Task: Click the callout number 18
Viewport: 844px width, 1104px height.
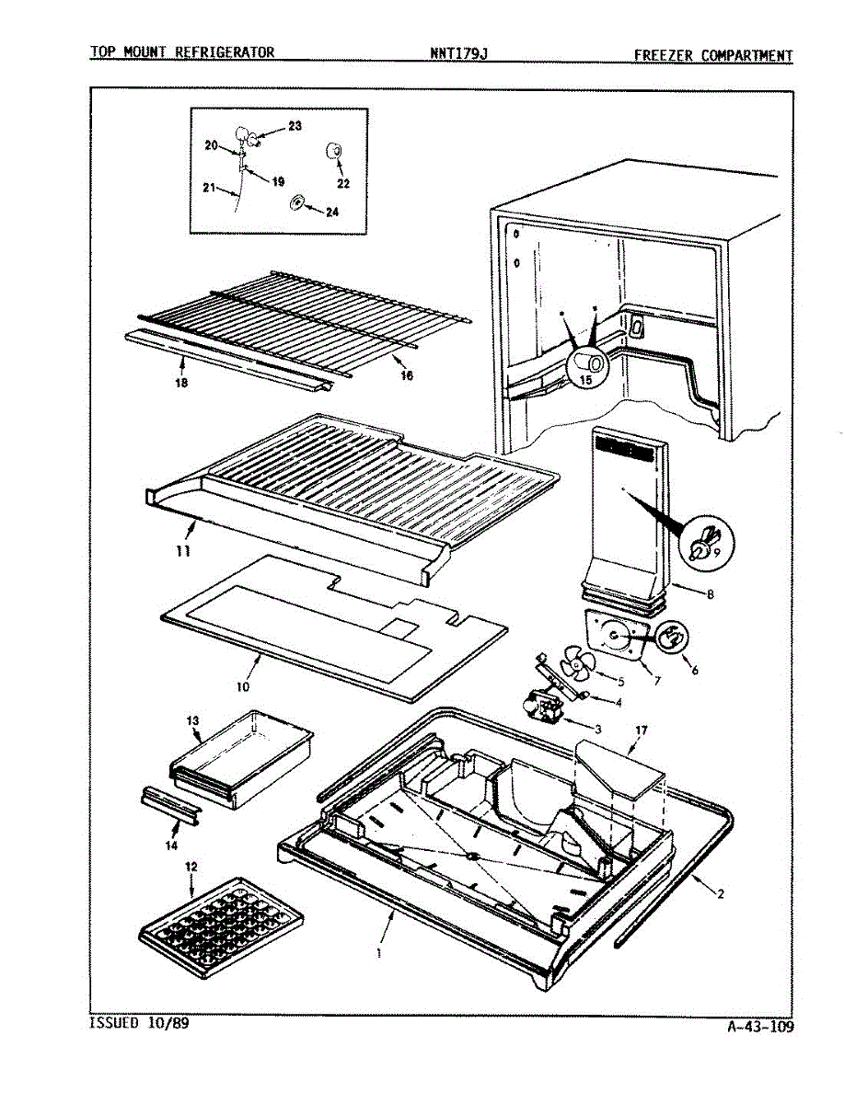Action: click(181, 383)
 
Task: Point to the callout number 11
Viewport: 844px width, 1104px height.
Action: click(183, 550)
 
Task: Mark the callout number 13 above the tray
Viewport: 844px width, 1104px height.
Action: click(194, 721)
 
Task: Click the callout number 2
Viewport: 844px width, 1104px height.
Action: click(721, 893)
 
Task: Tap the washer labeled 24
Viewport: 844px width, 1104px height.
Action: click(297, 202)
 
